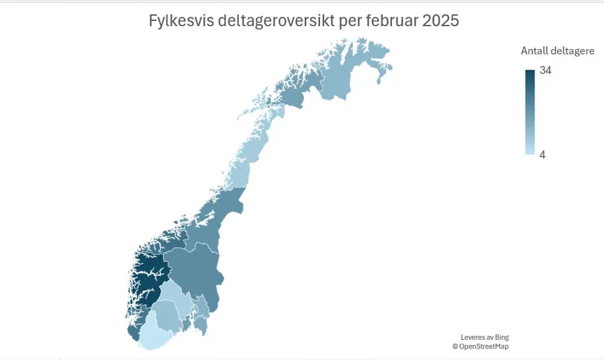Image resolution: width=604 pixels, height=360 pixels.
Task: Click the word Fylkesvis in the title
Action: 177,21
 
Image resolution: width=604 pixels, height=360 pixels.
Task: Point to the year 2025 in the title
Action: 441,21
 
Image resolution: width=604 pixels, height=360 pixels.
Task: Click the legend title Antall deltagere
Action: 557,51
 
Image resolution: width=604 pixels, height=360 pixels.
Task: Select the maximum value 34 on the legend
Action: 546,71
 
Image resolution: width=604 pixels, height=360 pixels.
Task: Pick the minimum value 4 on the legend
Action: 542,154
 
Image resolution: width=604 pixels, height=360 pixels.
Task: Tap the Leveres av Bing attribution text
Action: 484,337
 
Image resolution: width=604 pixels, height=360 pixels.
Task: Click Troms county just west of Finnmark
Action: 295,94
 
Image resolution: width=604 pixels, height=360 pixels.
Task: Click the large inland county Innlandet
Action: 195,269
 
